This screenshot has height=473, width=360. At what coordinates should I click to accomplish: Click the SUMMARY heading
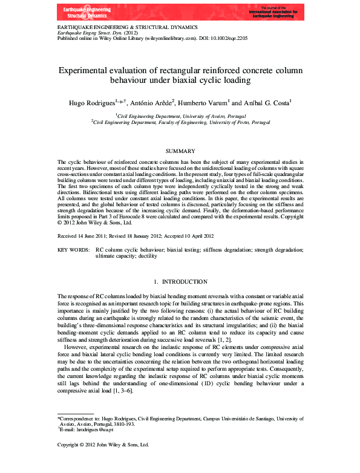click(x=180, y=151)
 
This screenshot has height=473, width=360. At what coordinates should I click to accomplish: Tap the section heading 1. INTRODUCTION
click(x=180, y=282)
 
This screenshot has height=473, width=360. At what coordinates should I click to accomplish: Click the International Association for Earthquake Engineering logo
click(x=272, y=11)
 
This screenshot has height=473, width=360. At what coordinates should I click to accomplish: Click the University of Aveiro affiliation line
click(x=180, y=115)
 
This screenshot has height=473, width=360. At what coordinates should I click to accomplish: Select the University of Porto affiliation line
click(x=180, y=122)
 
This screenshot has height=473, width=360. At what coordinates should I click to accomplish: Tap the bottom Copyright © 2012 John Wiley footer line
click(x=103, y=445)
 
